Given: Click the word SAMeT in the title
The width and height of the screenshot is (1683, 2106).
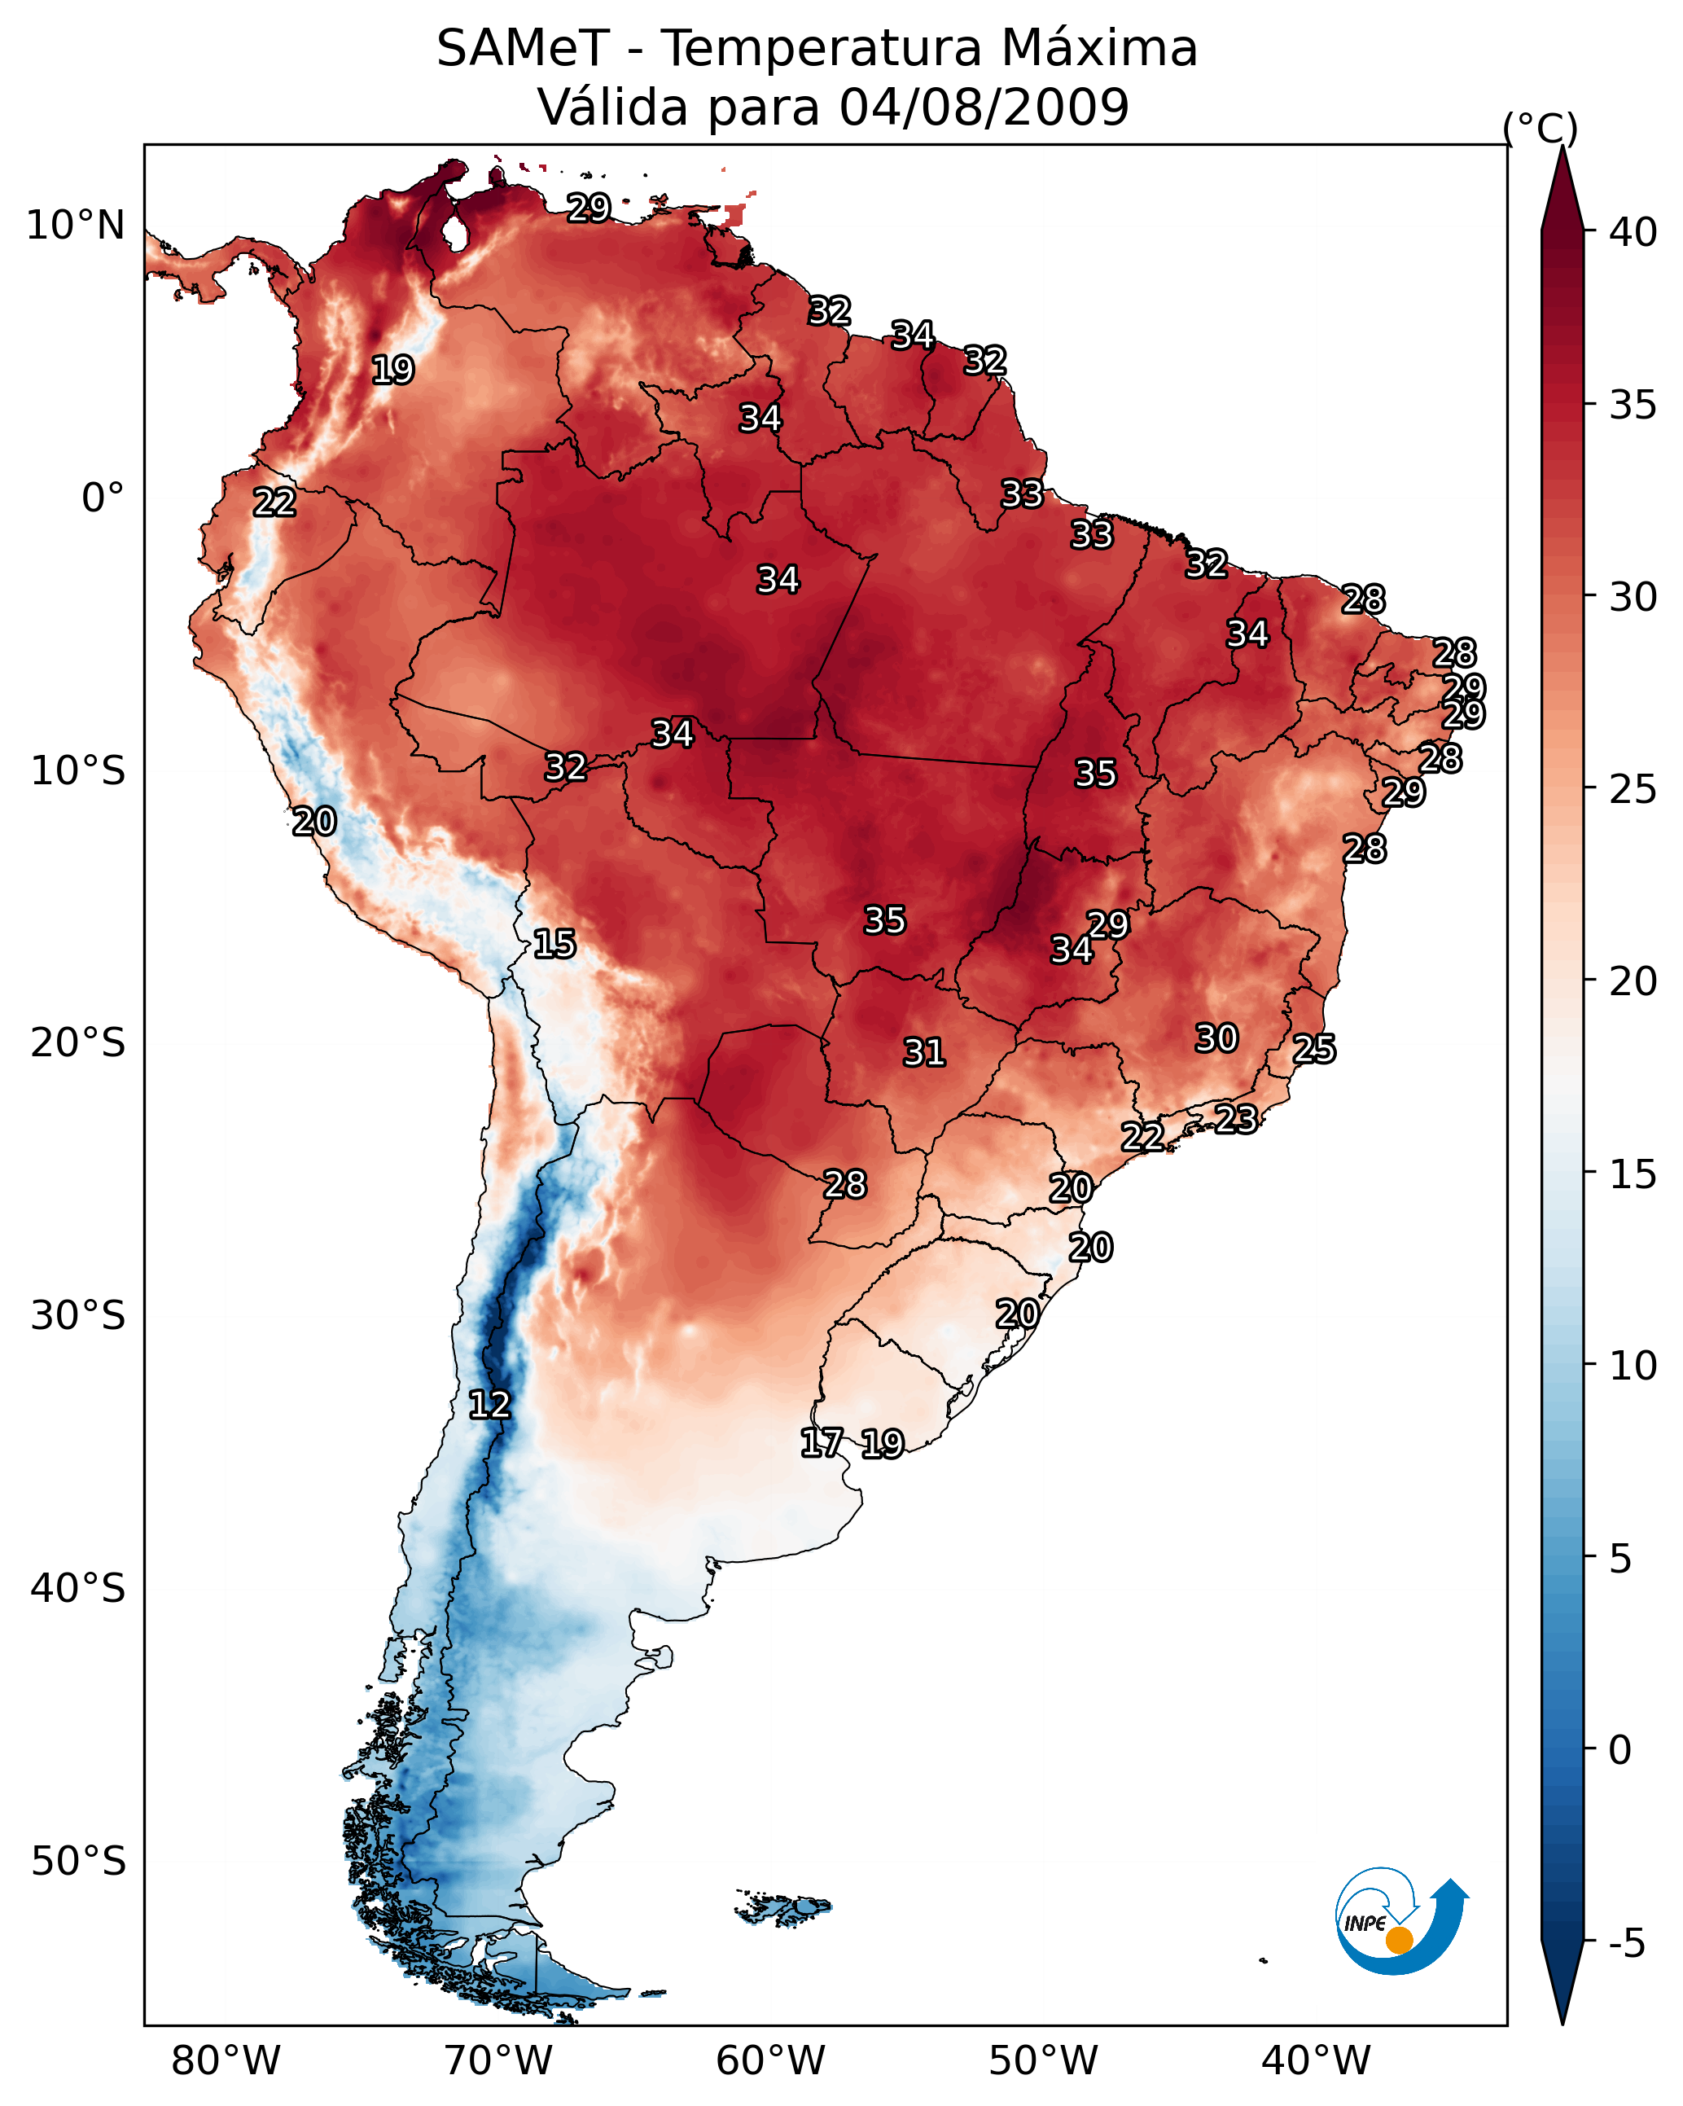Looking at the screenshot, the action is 523,49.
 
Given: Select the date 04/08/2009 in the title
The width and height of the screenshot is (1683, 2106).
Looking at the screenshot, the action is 984,107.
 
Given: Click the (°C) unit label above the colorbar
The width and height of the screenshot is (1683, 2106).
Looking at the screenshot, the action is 1540,128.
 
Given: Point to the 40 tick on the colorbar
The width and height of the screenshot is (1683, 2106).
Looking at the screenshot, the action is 1633,232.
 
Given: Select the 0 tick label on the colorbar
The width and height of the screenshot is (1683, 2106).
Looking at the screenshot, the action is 1619,1750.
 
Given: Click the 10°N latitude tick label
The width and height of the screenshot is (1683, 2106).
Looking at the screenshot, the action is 75,226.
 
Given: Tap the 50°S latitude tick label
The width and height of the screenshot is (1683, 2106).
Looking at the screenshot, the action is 78,1862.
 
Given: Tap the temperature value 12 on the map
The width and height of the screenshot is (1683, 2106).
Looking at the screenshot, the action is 489,1405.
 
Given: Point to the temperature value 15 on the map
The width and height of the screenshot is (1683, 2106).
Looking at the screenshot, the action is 554,944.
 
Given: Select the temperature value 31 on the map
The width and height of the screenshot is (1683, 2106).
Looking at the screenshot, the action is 924,1052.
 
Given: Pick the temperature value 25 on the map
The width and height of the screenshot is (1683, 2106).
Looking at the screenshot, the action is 1314,1048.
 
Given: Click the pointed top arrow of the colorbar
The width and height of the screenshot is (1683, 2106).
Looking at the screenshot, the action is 1562,148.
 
